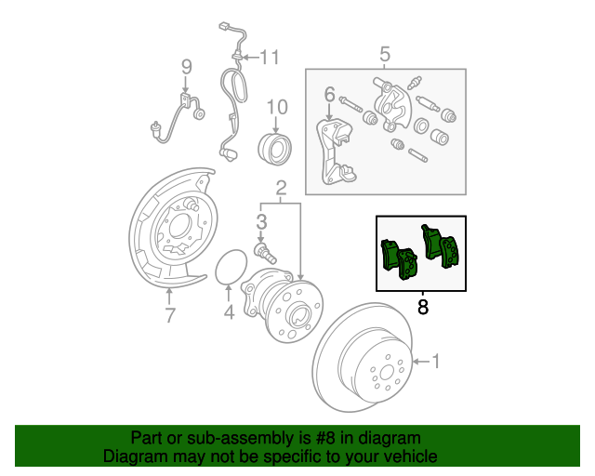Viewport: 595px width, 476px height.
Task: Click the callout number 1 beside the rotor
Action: [x=436, y=362]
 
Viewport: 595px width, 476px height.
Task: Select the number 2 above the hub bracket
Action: [x=281, y=188]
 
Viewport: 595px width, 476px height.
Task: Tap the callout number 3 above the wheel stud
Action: [x=261, y=222]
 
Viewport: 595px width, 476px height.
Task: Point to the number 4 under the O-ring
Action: [x=229, y=312]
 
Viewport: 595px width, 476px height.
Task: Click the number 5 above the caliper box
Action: [x=385, y=54]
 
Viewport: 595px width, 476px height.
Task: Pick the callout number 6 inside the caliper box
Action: [x=330, y=94]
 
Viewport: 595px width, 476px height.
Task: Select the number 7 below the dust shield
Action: [x=170, y=315]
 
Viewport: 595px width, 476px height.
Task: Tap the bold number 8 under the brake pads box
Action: [x=423, y=307]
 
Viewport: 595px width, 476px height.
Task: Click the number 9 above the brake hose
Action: [x=186, y=67]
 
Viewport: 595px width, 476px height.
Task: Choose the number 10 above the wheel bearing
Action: [x=277, y=107]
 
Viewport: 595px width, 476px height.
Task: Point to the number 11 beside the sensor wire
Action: [x=270, y=58]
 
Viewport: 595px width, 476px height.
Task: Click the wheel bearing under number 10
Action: [x=275, y=149]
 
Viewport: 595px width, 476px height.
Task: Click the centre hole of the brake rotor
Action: [x=387, y=373]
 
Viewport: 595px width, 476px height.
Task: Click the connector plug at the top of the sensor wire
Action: [x=224, y=27]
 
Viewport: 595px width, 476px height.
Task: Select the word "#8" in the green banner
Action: [x=325, y=439]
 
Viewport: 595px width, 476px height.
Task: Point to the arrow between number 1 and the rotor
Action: [x=421, y=362]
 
